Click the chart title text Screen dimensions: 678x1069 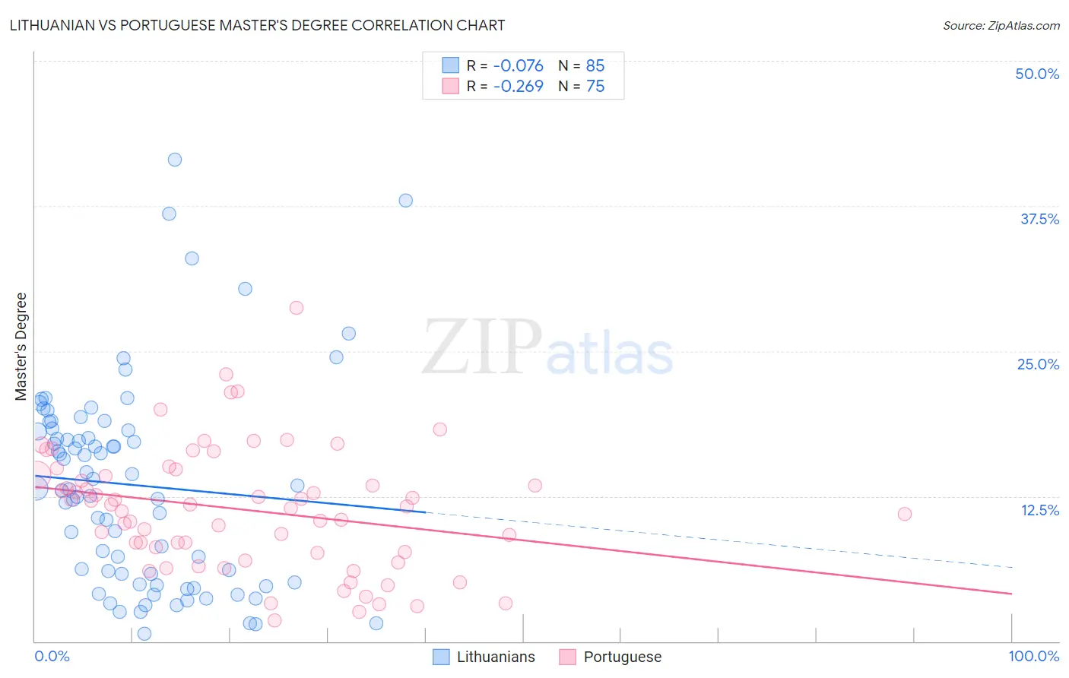point(257,25)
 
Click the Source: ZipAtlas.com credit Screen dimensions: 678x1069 point(1001,25)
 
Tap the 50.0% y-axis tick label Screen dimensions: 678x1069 point(1037,74)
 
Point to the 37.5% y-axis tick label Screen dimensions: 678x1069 point(1039,219)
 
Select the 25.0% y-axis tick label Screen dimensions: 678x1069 point(1038,364)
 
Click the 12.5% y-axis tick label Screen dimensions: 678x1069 point(1039,510)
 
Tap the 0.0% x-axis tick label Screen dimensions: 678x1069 point(52,656)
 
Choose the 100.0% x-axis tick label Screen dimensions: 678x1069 point(1033,656)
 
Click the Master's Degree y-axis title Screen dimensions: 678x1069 point(21,346)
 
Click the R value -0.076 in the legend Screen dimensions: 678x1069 point(518,65)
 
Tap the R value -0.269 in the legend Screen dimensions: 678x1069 point(518,86)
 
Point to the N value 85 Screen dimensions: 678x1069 point(595,65)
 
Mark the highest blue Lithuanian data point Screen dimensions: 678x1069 point(175,160)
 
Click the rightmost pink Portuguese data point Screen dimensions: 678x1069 point(905,514)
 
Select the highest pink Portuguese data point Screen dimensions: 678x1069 point(297,308)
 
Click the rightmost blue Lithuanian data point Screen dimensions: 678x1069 point(406,201)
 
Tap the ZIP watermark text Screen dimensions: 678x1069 point(482,348)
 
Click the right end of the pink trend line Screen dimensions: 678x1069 point(1011,593)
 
